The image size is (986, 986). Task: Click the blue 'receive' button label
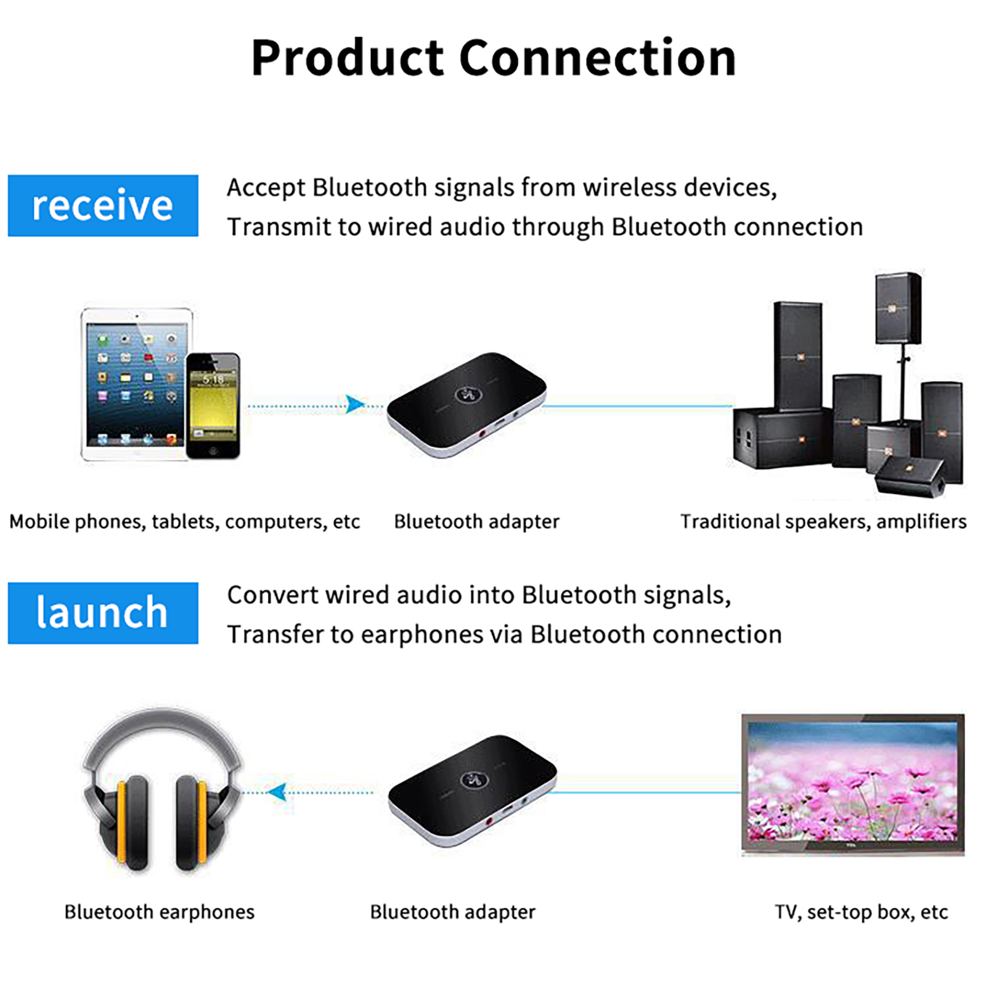click(x=102, y=205)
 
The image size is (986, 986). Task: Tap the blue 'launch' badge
click(x=102, y=613)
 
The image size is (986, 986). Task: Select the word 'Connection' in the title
click(x=597, y=58)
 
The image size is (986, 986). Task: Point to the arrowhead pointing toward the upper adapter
click(x=355, y=404)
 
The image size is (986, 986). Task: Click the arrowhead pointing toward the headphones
click(x=278, y=791)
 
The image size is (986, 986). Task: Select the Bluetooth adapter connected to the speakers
click(x=467, y=404)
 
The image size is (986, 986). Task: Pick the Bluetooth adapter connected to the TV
click(x=472, y=789)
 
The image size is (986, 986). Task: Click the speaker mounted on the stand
click(x=898, y=308)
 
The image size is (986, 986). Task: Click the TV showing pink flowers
click(x=852, y=783)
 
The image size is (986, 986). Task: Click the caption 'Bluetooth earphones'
click(x=159, y=911)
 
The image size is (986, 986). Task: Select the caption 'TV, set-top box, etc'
click(x=861, y=911)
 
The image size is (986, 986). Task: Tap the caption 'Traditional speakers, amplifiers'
click(x=823, y=521)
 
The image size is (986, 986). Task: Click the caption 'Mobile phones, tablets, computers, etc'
click(x=184, y=521)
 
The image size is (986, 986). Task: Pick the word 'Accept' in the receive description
click(x=266, y=188)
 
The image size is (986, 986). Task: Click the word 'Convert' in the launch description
click(x=272, y=595)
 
